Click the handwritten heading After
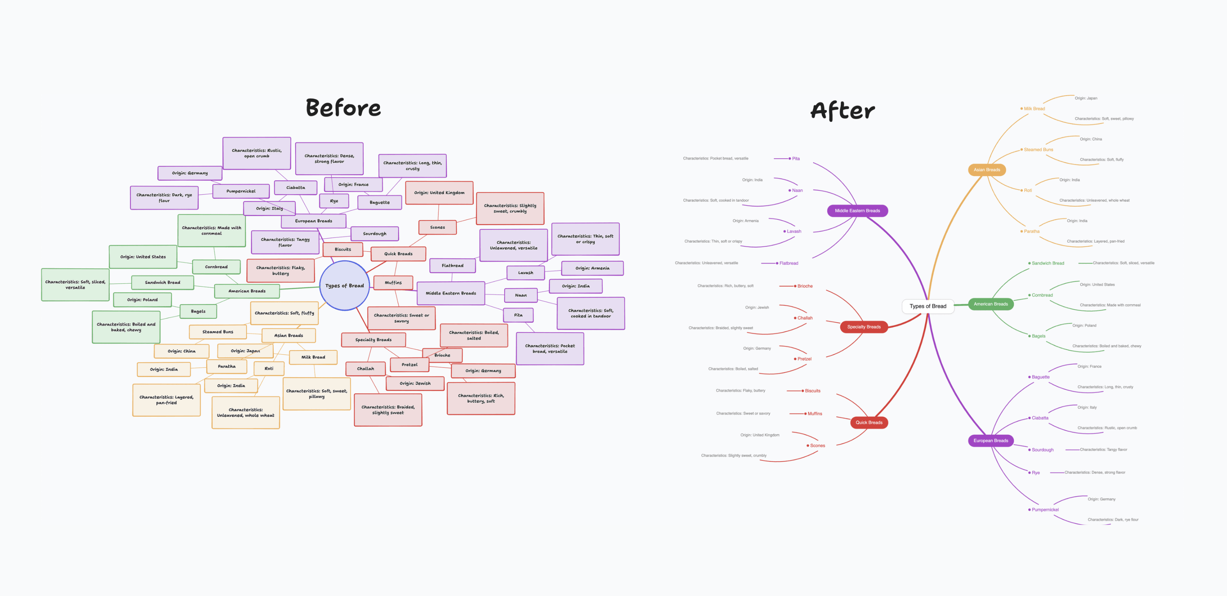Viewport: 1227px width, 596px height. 842,110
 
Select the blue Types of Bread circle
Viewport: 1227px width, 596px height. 345,286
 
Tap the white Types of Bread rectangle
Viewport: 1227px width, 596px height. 927,306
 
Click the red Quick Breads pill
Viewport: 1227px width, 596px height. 869,423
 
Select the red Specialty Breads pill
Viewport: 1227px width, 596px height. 864,327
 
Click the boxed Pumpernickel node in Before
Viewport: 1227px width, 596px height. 241,191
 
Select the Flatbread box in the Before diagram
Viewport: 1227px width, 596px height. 452,266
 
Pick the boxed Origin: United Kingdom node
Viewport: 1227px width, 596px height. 439,193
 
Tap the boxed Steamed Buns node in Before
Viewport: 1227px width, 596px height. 218,331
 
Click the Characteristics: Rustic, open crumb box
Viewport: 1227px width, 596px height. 256,153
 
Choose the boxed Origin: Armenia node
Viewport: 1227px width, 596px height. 592,268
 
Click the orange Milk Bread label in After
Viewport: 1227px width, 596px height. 1034,109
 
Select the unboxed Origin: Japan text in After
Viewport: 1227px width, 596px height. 1086,98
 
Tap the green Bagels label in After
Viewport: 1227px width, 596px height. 1038,336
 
